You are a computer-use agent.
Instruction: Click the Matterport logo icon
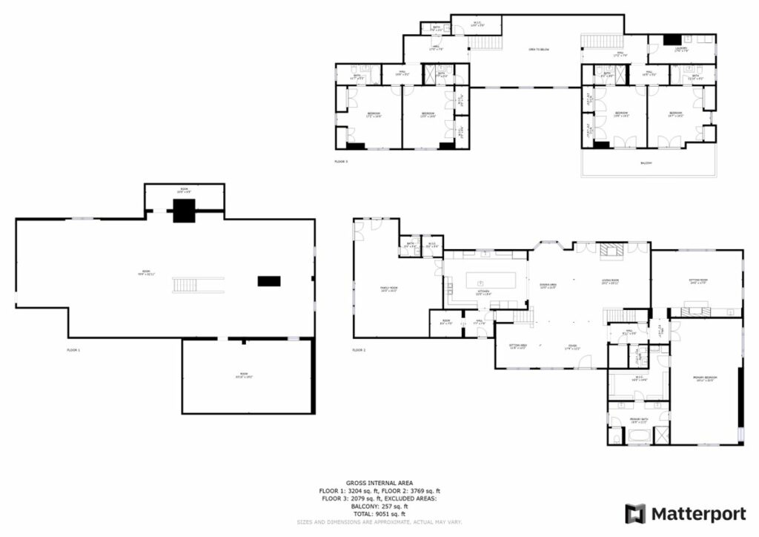[635, 513]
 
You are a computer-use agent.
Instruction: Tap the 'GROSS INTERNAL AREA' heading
[379, 483]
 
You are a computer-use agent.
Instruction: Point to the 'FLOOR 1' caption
[73, 349]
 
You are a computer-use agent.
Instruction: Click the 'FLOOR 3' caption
[341, 161]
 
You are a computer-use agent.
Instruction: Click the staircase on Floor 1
[199, 284]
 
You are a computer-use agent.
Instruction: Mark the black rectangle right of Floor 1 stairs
[269, 280]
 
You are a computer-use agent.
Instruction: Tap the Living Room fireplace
[612, 250]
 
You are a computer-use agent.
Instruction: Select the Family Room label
[389, 290]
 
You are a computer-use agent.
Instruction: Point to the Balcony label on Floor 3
[646, 163]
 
